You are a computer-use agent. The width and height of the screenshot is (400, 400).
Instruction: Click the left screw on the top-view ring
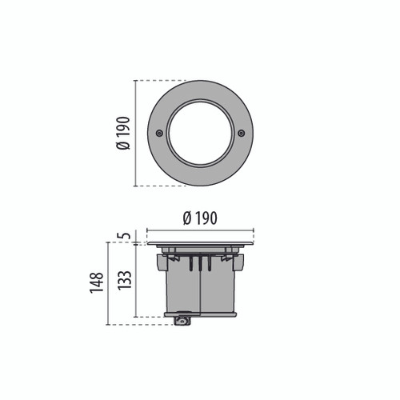point(159,133)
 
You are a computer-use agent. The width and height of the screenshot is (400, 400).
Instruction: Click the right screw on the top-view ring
point(242,133)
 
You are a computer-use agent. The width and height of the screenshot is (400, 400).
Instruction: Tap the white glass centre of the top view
point(200,133)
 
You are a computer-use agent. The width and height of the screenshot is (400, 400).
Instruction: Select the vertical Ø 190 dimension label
point(124,133)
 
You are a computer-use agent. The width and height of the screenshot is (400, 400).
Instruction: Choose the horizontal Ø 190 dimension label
point(200,218)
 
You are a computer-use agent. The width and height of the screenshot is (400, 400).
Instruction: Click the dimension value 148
point(97,283)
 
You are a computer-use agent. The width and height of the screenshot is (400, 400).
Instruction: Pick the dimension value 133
point(125,280)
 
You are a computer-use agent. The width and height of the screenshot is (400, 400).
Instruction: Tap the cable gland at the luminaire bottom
point(183,321)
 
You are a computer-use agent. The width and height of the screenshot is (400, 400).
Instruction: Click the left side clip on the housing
point(161,262)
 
